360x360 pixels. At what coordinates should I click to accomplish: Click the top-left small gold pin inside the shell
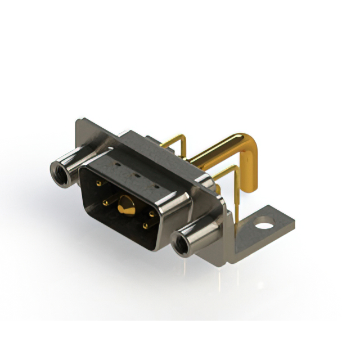99,183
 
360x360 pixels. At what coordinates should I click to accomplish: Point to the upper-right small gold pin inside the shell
152,214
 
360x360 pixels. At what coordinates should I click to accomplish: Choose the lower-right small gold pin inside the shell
146,226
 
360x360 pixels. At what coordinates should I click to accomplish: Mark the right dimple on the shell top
156,186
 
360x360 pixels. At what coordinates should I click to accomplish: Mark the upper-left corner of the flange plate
79,120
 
